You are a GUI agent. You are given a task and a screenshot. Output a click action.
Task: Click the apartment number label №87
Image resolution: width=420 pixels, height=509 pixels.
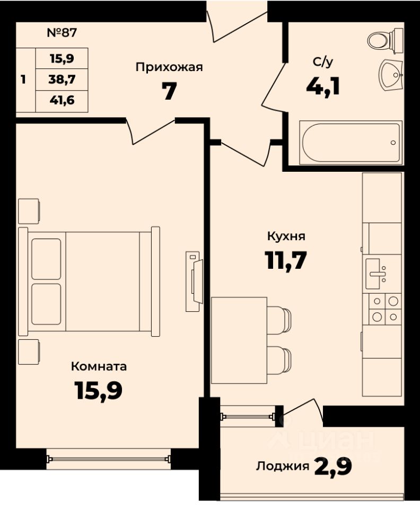(x=62, y=32)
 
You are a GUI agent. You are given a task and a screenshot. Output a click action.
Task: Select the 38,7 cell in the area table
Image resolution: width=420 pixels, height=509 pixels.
(x=62, y=79)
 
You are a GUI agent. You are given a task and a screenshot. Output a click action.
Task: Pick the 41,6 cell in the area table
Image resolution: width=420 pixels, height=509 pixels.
(x=62, y=101)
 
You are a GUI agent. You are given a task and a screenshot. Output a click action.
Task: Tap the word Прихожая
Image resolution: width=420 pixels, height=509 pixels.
(x=169, y=67)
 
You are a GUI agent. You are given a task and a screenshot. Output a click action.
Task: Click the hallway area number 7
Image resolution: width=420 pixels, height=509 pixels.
(x=169, y=91)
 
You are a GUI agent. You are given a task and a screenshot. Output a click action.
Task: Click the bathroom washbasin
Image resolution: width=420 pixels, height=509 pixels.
(x=391, y=75)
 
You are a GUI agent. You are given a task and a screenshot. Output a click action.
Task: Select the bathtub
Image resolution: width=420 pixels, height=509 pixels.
(x=351, y=142)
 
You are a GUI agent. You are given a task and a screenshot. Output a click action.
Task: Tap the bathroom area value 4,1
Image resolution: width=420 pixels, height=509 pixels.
(x=323, y=87)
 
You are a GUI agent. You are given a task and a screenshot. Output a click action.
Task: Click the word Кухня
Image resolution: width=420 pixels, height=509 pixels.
(x=286, y=236)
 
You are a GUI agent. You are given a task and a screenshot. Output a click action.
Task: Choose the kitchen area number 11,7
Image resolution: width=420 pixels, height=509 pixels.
(x=286, y=260)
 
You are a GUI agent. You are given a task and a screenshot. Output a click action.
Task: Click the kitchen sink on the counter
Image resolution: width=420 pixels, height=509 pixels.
(x=377, y=274)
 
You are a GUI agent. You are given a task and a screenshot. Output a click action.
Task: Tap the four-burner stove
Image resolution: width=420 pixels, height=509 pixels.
(x=385, y=309)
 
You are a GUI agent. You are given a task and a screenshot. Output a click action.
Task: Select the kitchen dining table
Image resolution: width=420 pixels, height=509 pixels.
(x=239, y=340)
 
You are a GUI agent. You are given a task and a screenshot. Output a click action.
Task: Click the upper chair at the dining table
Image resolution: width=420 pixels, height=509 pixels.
(x=279, y=320)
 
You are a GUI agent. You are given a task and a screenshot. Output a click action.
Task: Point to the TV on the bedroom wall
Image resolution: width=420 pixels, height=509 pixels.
(x=195, y=281)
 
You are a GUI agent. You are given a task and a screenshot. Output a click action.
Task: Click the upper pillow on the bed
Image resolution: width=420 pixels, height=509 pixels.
(x=46, y=259)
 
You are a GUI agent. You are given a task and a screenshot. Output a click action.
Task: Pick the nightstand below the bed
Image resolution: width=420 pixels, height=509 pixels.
(x=29, y=352)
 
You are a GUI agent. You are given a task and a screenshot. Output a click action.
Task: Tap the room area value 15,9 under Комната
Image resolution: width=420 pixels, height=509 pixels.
(x=98, y=390)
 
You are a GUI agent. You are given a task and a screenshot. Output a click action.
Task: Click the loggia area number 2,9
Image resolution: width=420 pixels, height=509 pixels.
(x=333, y=467)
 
